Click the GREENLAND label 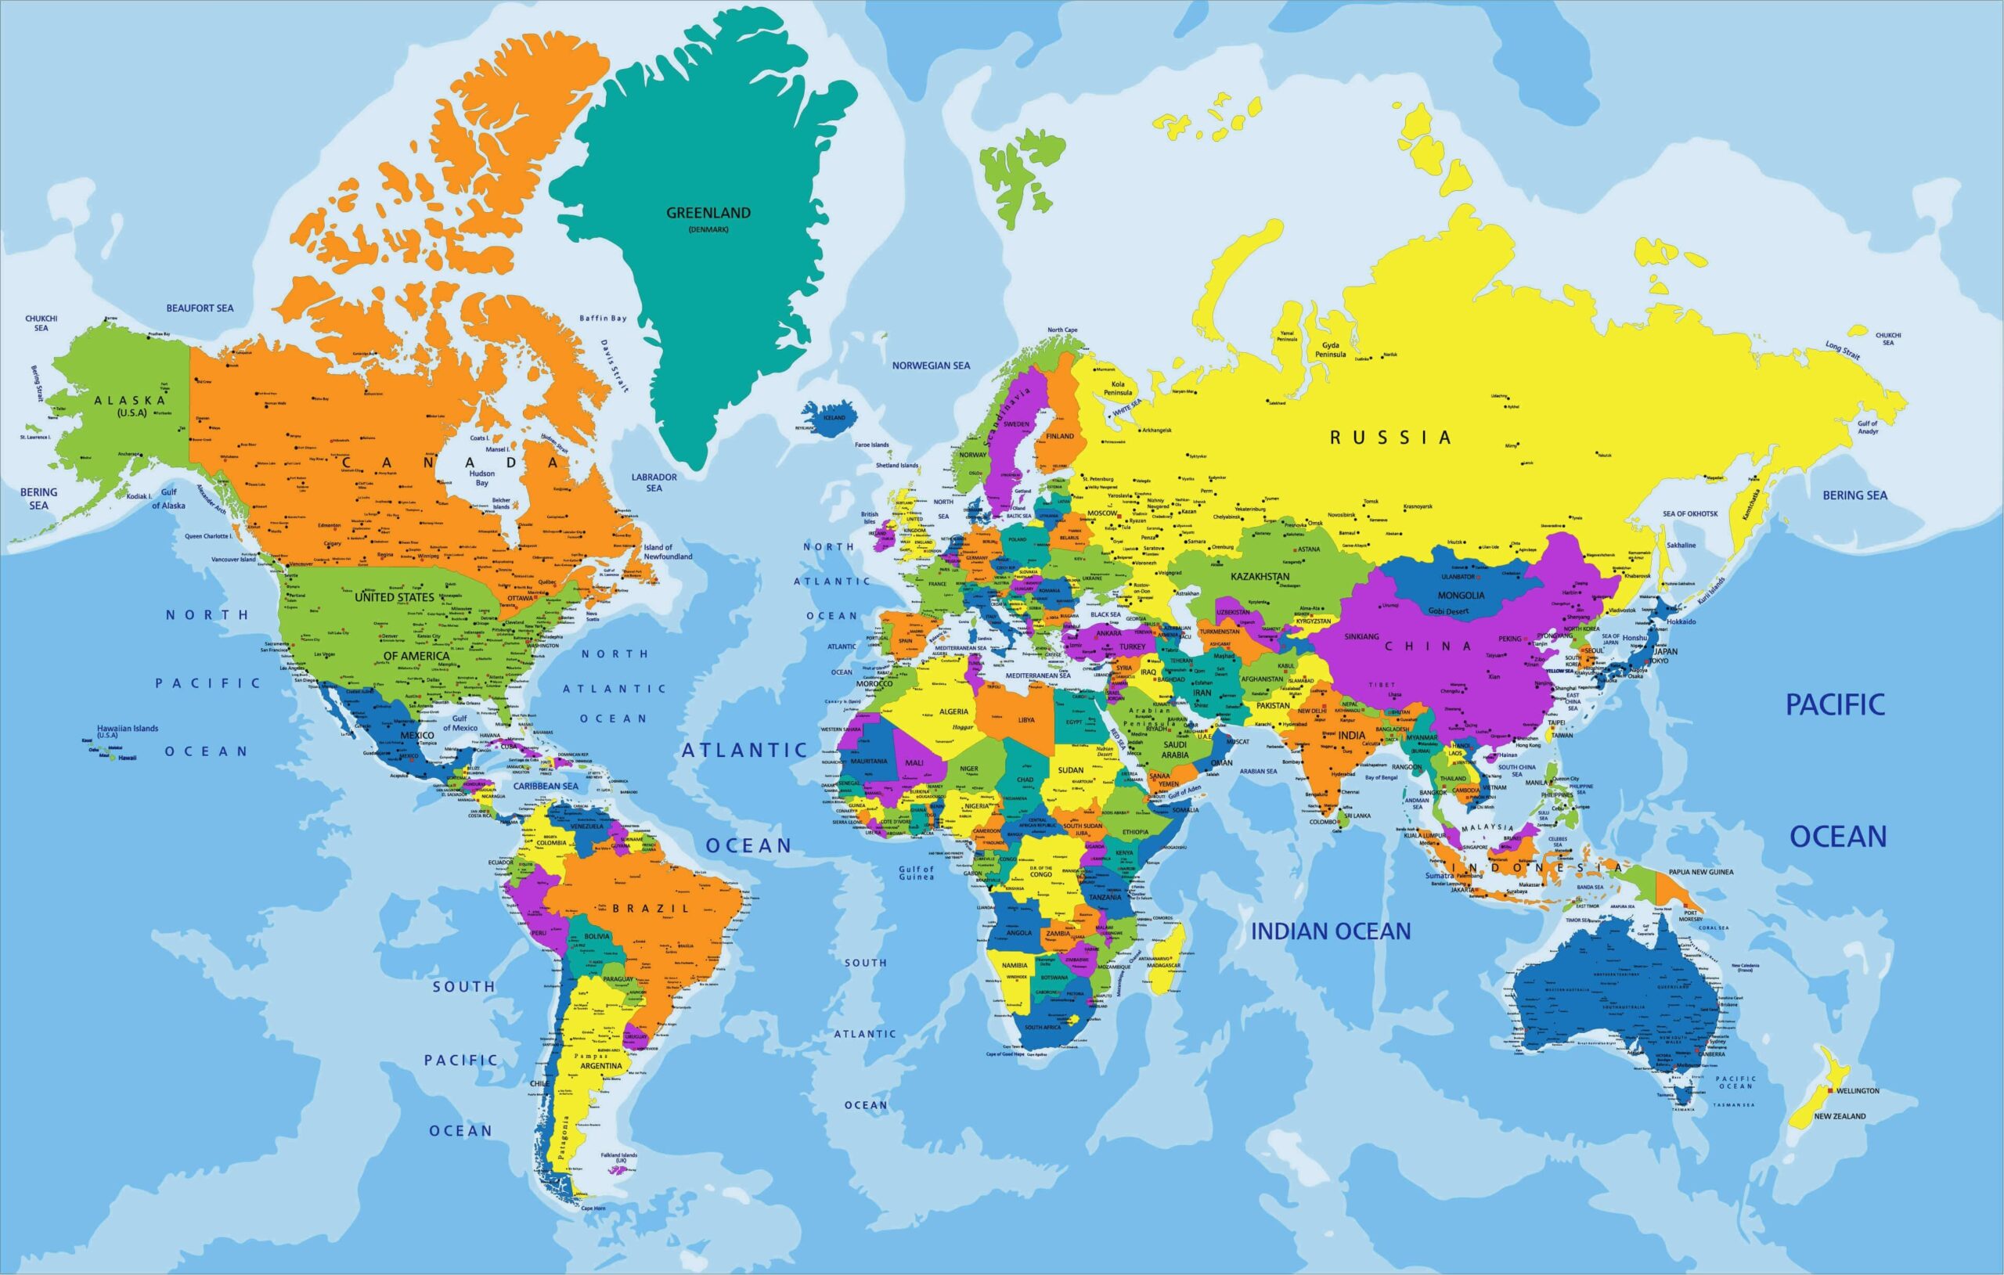coord(708,213)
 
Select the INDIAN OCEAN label coord(1331,931)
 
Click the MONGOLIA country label coord(1461,595)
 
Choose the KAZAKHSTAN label coord(1260,576)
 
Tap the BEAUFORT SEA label coord(200,308)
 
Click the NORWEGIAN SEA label coord(931,366)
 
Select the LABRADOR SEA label coord(654,482)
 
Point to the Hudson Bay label coord(482,477)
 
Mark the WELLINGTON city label coord(1858,1090)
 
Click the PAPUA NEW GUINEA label coord(1700,872)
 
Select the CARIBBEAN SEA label coord(545,786)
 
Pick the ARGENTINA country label coord(601,1066)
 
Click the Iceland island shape coord(830,419)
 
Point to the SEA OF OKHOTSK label coord(1690,513)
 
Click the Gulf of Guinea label coord(915,873)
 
